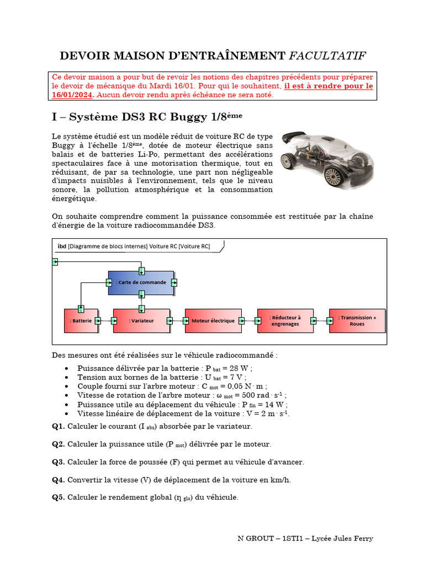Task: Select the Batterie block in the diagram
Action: tap(81, 321)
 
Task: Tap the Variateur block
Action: tap(141, 321)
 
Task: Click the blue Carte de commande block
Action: tap(141, 282)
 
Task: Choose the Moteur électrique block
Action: tap(213, 321)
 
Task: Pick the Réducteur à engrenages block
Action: tap(285, 321)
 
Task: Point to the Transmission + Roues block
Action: tap(357, 321)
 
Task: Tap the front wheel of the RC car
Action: tap(333, 176)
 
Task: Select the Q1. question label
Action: tap(59, 426)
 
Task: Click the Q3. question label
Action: tap(59, 462)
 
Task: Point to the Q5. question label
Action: tap(59, 497)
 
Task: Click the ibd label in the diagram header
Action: tap(62, 246)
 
